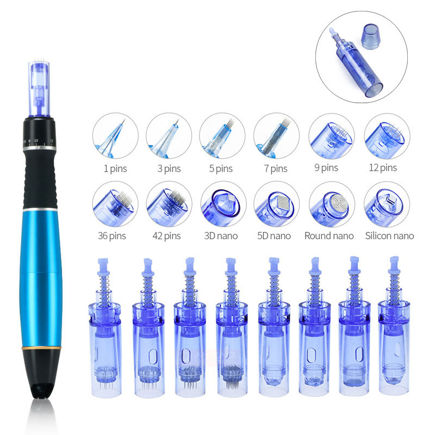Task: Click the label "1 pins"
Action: point(115,169)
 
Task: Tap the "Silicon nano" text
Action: point(389,235)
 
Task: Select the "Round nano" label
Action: point(329,235)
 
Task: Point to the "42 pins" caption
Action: point(166,236)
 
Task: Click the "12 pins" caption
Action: point(383,167)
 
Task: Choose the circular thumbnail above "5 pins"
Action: point(222,135)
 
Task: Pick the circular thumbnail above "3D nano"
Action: point(223,204)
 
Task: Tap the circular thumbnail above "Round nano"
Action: point(332,204)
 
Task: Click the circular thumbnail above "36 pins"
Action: point(115,204)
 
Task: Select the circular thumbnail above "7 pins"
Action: point(276,135)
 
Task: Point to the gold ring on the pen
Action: point(41,347)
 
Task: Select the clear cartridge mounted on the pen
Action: point(39,88)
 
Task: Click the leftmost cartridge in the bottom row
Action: point(105,328)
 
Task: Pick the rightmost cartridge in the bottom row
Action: point(394,325)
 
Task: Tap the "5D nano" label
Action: point(274,236)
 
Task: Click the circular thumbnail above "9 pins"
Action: point(332,136)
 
